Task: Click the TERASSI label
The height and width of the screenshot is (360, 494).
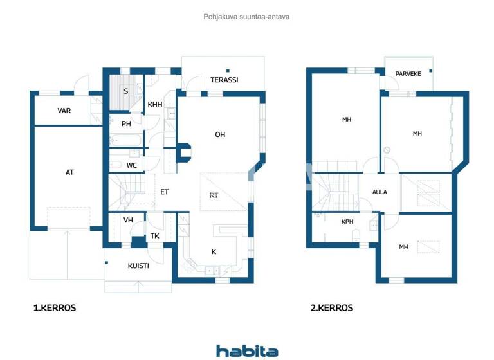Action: pyautogui.click(x=224, y=80)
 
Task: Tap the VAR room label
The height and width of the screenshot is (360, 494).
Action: pyautogui.click(x=64, y=111)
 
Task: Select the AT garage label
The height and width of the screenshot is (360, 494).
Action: pyautogui.click(x=69, y=172)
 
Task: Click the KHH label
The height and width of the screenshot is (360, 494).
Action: pyautogui.click(x=155, y=105)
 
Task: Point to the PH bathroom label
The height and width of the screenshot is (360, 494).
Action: pyautogui.click(x=126, y=124)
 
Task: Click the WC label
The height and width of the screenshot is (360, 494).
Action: pyautogui.click(x=131, y=165)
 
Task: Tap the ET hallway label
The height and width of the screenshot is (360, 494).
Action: pyautogui.click(x=165, y=192)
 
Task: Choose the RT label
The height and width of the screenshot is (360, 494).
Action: pyautogui.click(x=214, y=195)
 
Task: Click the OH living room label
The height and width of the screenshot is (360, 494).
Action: pyautogui.click(x=220, y=134)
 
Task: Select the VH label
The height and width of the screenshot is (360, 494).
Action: pyautogui.click(x=128, y=220)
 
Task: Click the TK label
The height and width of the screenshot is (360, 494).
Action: pyautogui.click(x=155, y=236)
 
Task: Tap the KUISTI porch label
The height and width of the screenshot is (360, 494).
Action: pyautogui.click(x=138, y=265)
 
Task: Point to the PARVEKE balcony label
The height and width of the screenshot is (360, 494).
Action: pyautogui.click(x=408, y=74)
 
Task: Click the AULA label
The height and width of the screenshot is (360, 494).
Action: pyautogui.click(x=380, y=192)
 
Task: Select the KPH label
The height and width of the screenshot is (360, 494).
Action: pyautogui.click(x=347, y=221)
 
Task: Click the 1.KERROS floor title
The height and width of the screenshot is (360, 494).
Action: pyautogui.click(x=55, y=308)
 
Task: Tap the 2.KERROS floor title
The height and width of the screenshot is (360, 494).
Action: pyautogui.click(x=332, y=308)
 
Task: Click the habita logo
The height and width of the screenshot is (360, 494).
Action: pyautogui.click(x=247, y=351)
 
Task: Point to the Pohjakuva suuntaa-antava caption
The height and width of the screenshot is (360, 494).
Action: pyautogui.click(x=246, y=17)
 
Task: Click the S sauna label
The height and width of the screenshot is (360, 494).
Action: pyautogui.click(x=126, y=91)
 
